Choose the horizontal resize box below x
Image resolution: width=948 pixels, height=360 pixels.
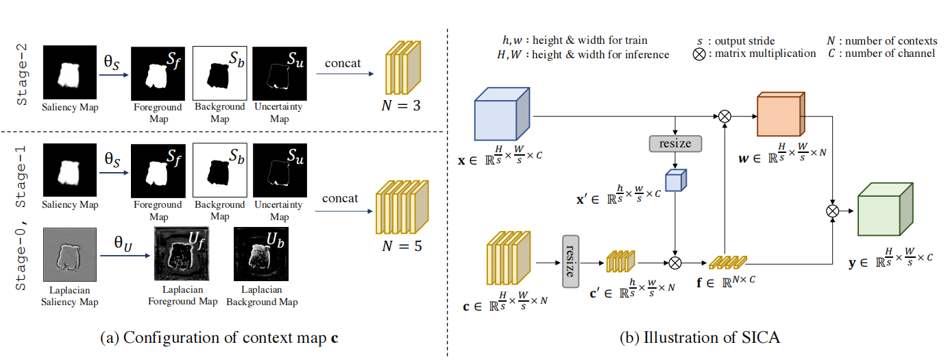pos(675,143)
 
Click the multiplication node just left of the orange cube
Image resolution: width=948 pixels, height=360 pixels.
pos(725,117)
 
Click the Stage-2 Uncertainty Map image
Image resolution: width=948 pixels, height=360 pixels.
pos(278,72)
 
